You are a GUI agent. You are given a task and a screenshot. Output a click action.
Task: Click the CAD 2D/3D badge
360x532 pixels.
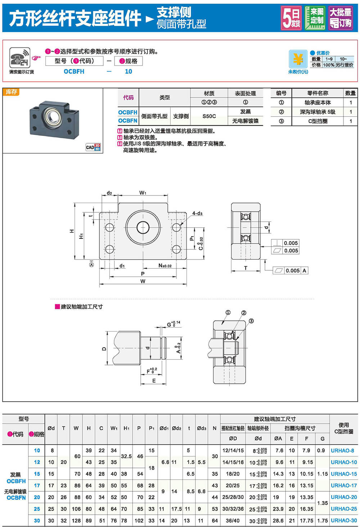tap(93, 147)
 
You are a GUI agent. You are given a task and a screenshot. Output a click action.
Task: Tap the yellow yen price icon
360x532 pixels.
tap(298, 59)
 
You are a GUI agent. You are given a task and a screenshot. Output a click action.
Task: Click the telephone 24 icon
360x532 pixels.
tap(20, 58)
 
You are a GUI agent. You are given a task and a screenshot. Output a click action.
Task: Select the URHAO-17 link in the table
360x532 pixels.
tap(343, 486)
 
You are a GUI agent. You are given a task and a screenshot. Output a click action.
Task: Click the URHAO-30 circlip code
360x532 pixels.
tap(343, 520)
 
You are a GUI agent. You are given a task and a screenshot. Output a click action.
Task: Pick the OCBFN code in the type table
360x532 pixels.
tap(128, 121)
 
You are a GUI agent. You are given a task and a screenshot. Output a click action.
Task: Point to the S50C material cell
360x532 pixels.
tap(209, 116)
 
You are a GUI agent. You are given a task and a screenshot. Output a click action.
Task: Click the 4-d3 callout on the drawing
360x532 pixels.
tap(197, 213)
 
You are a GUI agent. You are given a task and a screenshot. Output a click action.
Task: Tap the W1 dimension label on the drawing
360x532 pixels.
tap(143, 193)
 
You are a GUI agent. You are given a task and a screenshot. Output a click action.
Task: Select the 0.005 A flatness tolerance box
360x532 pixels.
tap(290, 271)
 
